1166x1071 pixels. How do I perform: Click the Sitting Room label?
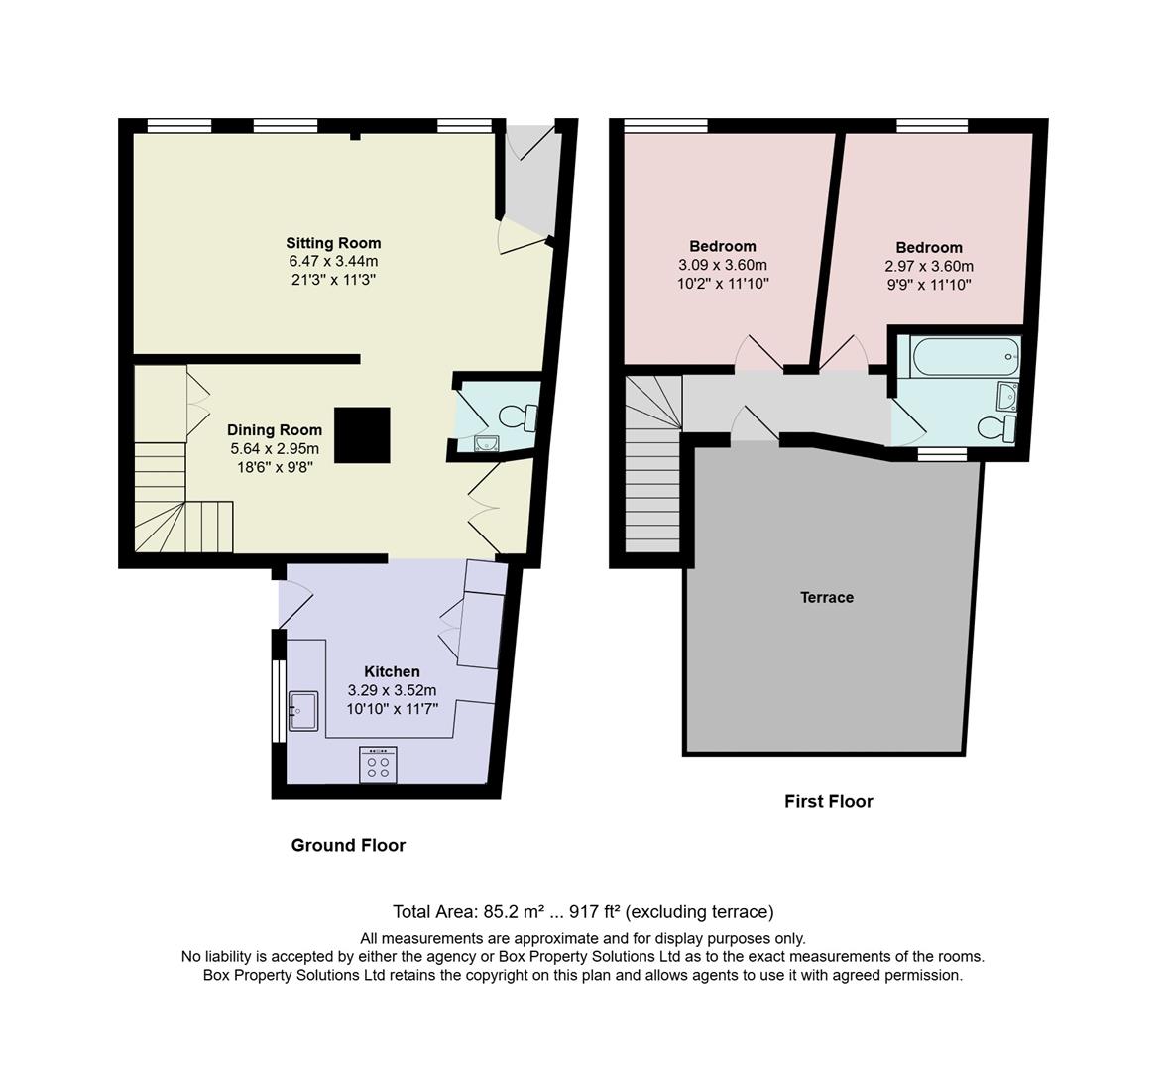point(333,243)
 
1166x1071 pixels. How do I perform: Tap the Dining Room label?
point(275,430)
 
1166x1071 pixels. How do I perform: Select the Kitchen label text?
point(392,671)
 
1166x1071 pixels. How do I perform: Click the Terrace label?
point(827,597)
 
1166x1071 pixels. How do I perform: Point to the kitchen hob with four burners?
point(378,765)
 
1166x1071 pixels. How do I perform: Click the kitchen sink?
point(302,711)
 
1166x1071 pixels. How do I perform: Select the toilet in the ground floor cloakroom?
point(517,417)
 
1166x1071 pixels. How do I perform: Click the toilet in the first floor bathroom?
point(994,429)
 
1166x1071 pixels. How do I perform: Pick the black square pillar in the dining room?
point(363,435)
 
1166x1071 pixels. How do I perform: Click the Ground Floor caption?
point(348,845)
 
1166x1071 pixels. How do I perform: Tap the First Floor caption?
point(829,801)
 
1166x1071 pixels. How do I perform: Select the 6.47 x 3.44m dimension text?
point(333,262)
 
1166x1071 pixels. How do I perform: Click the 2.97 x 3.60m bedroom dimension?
point(929,266)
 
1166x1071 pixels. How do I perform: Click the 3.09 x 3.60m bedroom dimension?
point(723,265)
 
